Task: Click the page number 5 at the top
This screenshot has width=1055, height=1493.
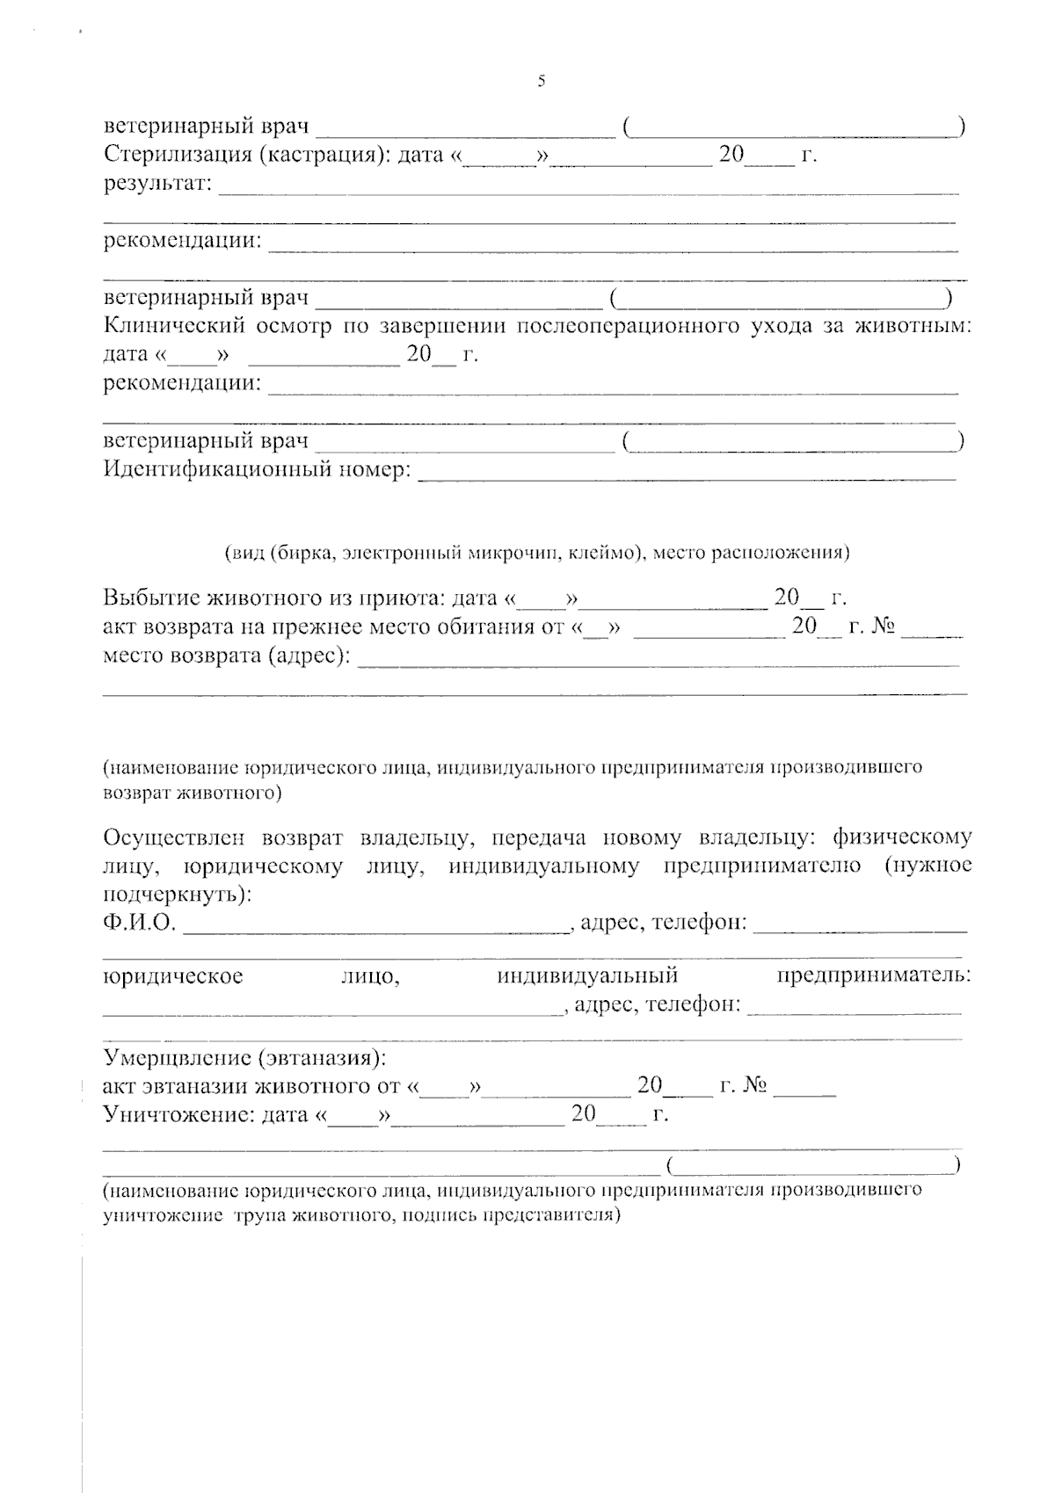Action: pyautogui.click(x=542, y=82)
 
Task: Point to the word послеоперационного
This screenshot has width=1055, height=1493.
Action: pyautogui.click(x=626, y=326)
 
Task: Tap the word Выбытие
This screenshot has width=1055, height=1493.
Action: pyautogui.click(x=150, y=598)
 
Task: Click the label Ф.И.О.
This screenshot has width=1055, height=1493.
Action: pyautogui.click(x=140, y=923)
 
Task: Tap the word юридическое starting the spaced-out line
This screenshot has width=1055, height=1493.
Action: pyautogui.click(x=173, y=975)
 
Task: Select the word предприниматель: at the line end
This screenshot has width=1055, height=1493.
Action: pyautogui.click(x=874, y=975)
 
